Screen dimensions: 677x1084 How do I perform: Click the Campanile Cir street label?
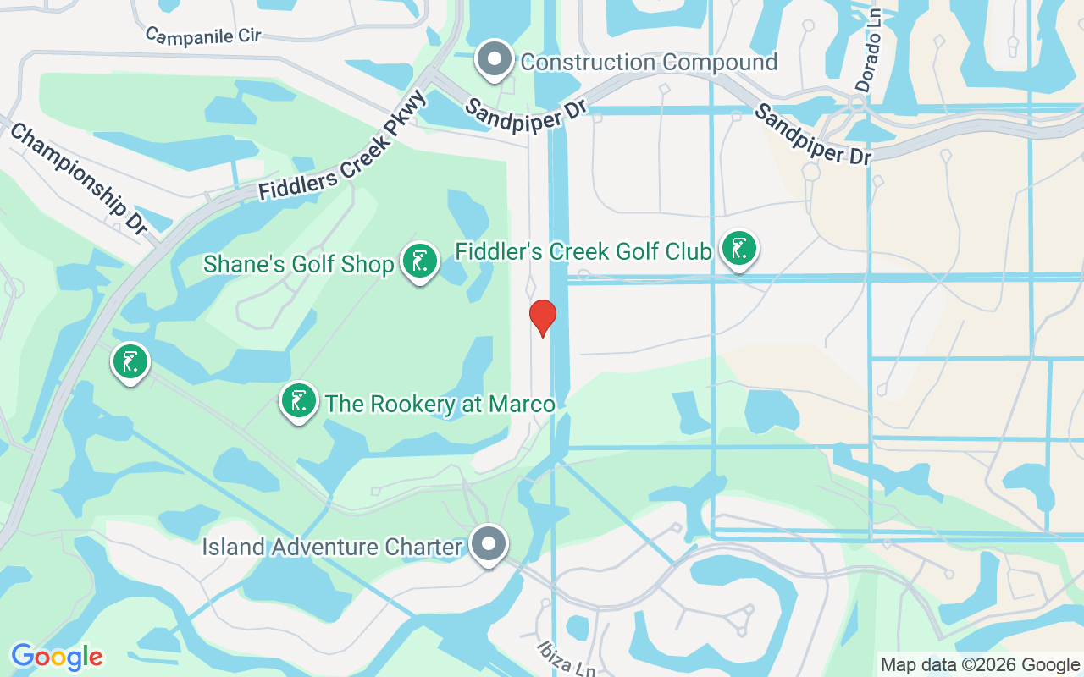tap(203, 36)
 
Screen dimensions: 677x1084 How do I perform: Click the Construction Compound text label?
tap(649, 62)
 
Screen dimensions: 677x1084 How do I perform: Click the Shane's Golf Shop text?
tap(299, 265)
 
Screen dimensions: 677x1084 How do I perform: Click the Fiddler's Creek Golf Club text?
tap(583, 251)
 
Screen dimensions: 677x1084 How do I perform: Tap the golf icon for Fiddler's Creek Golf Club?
tap(739, 249)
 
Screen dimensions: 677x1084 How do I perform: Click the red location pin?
tap(542, 316)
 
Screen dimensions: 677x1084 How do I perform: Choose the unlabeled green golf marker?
tap(130, 363)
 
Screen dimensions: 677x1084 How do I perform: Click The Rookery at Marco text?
tap(440, 404)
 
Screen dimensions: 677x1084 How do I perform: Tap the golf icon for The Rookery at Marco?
tap(298, 400)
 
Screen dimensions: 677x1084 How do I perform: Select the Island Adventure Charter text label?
tap(332, 547)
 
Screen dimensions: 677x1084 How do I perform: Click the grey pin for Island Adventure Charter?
tap(489, 544)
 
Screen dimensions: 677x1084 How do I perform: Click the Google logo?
tap(57, 656)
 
